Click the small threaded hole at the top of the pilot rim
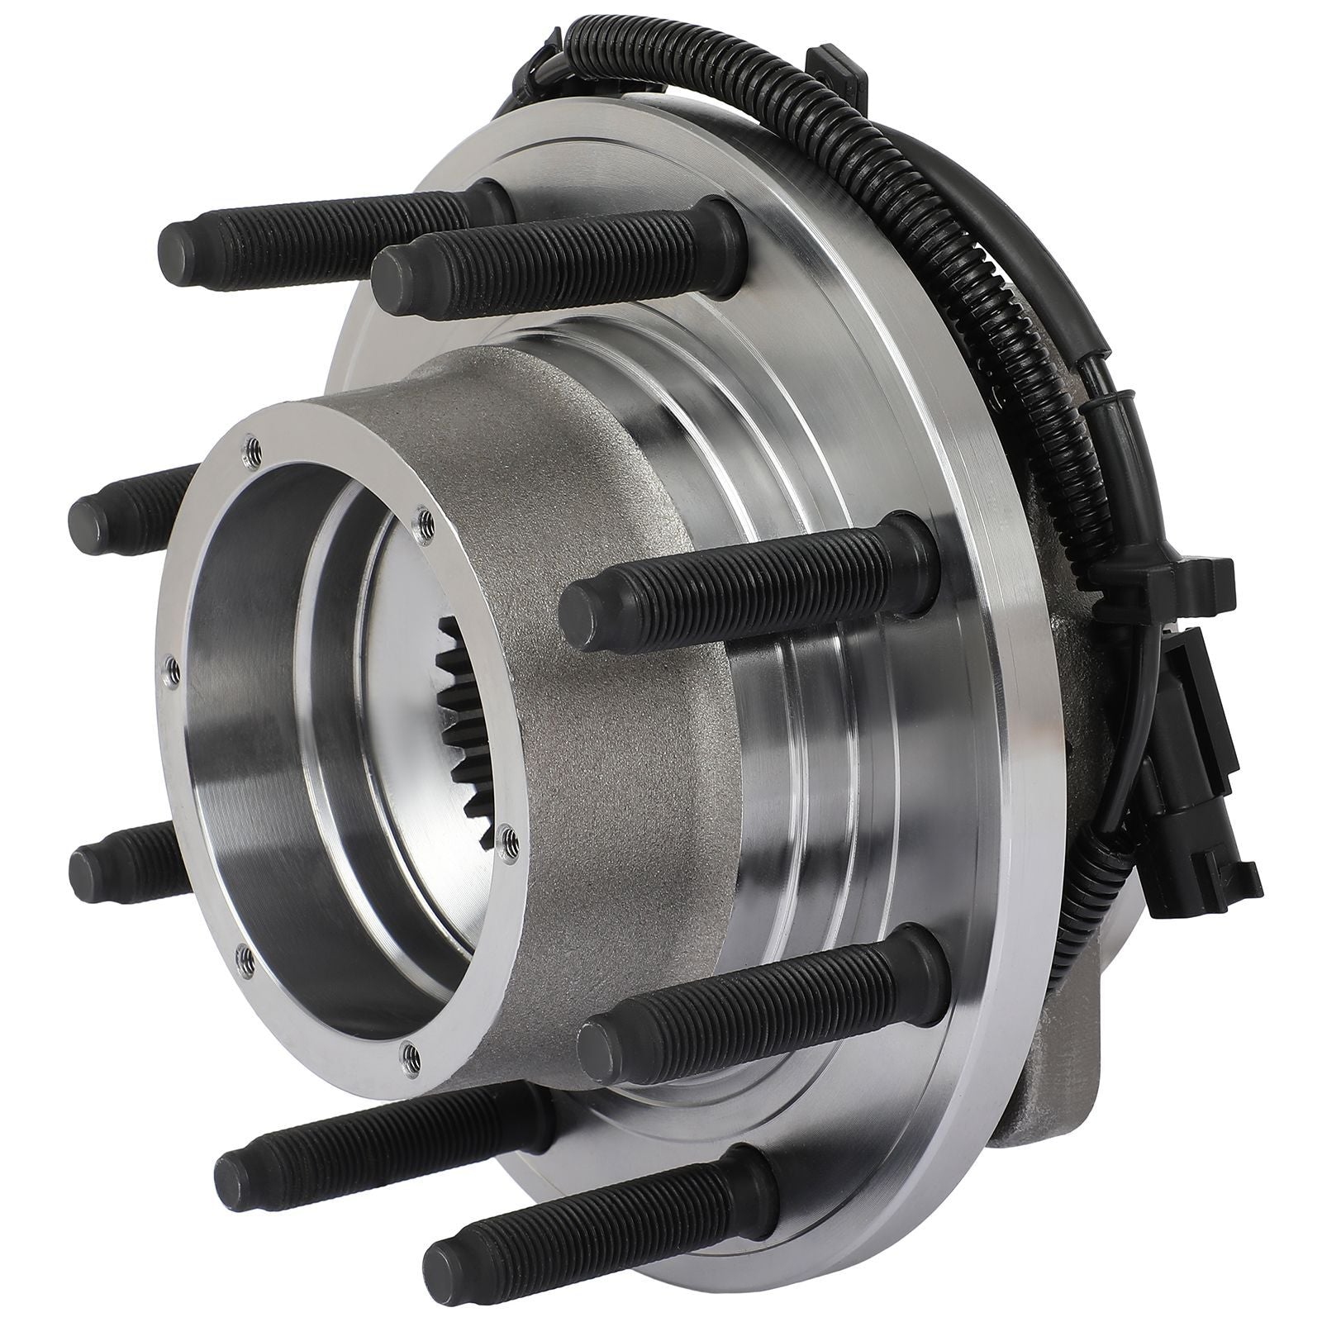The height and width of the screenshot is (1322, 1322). click(x=248, y=447)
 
